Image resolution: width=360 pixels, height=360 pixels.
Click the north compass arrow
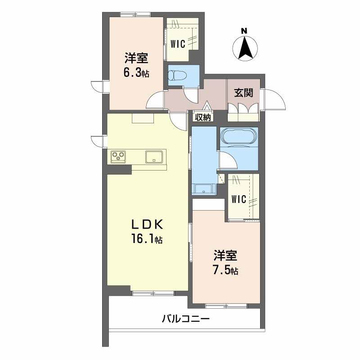[245, 48]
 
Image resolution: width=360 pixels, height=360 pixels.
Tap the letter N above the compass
[244, 31]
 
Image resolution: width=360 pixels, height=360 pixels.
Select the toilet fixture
[178, 75]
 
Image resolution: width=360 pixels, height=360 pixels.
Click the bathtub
[239, 137]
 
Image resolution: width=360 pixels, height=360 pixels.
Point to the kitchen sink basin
[154, 157]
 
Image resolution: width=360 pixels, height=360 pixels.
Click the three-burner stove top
[118, 157]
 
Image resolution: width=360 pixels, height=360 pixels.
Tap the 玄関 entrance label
[243, 93]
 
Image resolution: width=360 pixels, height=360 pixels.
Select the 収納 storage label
[203, 117]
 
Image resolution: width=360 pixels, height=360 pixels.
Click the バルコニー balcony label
[185, 319]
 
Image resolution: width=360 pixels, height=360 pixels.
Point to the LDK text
[147, 225]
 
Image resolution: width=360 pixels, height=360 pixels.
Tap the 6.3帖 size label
[136, 73]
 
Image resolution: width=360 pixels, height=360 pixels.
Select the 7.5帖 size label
[225, 270]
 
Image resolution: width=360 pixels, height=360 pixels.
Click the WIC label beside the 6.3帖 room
[178, 44]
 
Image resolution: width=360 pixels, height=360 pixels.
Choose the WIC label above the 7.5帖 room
[239, 199]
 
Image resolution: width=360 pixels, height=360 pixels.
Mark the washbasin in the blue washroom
[204, 189]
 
